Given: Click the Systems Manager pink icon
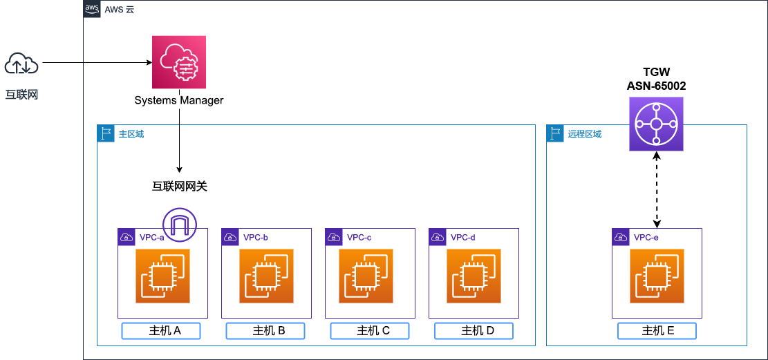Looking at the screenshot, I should point(179,63).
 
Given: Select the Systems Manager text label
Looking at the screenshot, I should point(179,101).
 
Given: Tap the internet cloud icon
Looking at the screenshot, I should point(21,65).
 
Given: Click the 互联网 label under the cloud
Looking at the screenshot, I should point(21,95).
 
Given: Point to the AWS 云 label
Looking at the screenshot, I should point(119,10).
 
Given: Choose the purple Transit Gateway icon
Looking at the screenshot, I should point(656,124).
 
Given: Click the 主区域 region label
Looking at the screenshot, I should point(131,134).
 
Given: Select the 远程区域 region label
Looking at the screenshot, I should point(584,134).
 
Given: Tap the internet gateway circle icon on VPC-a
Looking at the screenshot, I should point(180,225).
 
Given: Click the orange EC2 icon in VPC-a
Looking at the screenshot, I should point(162,276).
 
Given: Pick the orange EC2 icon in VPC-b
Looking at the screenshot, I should point(266,276).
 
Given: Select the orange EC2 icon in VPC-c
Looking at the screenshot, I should point(366,276).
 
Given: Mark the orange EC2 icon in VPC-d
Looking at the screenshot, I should point(474,276).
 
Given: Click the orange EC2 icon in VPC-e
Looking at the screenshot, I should point(657,276).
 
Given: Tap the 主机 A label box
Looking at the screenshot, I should point(161,331).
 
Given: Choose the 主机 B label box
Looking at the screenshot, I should point(265,331).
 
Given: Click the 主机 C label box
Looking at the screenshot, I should point(370,331).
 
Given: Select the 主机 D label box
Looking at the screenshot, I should point(474,331).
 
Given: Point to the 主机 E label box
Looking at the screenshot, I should point(657,331).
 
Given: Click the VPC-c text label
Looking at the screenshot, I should point(359,238).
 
